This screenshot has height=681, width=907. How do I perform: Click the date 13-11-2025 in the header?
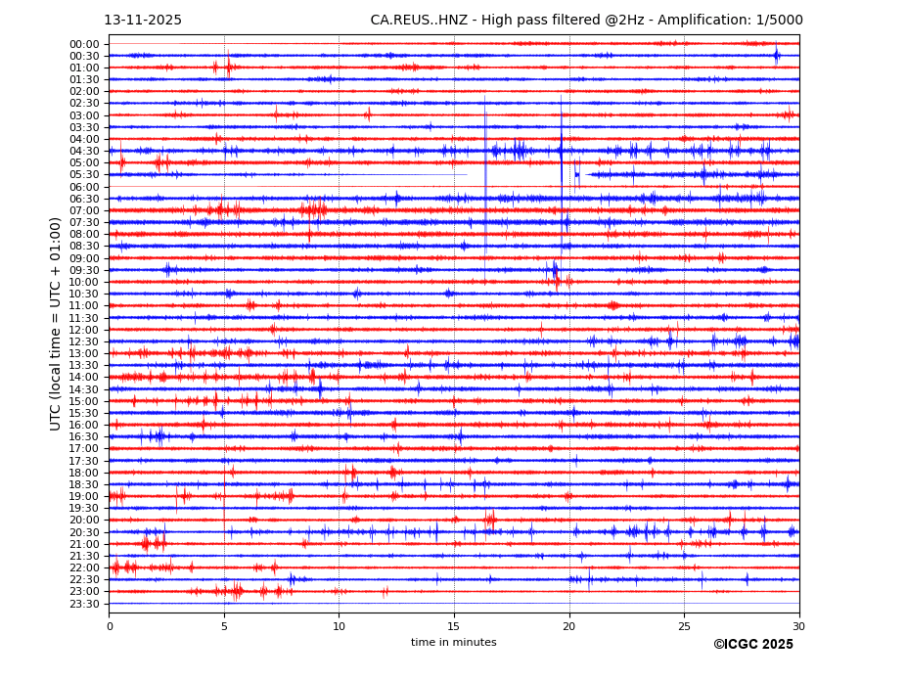[143, 21]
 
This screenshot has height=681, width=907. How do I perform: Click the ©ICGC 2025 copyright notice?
[752, 645]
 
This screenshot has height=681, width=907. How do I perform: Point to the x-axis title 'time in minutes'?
[453, 643]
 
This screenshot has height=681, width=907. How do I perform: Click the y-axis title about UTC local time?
[56, 324]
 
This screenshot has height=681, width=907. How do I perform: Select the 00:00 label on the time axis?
[84, 44]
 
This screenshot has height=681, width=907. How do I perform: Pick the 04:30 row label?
[84, 151]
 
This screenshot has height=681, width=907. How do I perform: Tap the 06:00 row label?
[84, 187]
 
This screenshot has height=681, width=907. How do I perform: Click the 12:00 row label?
[84, 330]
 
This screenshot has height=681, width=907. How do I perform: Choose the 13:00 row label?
[84, 353]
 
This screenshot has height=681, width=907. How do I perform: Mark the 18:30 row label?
[84, 484]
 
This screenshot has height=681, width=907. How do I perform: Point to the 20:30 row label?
[84, 532]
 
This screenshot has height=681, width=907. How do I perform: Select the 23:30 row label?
[84, 604]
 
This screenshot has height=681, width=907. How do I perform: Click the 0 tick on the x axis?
[110, 625]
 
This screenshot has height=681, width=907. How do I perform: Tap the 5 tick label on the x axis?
[224, 625]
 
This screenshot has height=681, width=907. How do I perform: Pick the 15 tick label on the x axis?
[454, 625]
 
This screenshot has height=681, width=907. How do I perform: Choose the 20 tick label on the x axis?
[569, 625]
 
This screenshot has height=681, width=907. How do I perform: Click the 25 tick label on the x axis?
[684, 625]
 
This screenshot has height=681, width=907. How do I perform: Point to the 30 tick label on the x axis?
[799, 625]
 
